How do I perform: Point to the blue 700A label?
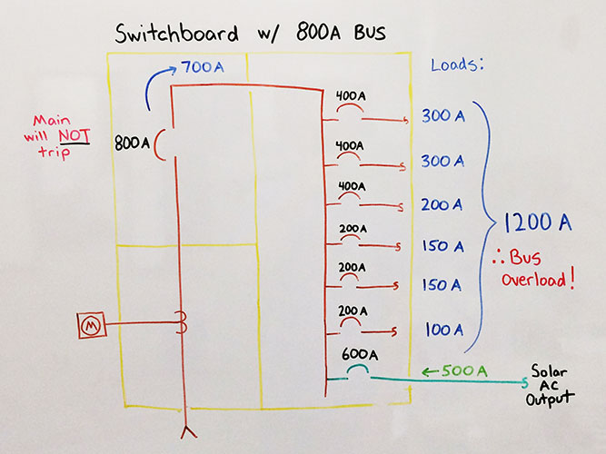[x=203, y=67]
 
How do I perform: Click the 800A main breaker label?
[x=133, y=143]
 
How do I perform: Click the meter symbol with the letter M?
[x=90, y=323]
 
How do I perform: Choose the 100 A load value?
[x=444, y=329]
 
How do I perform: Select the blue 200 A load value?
[x=443, y=204]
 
